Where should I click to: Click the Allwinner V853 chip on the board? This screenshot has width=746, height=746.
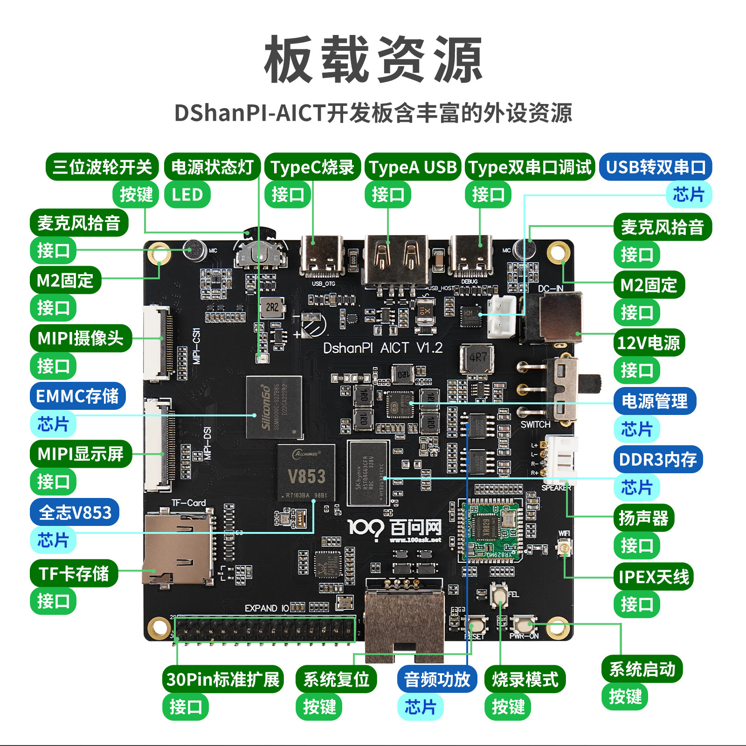[306, 473]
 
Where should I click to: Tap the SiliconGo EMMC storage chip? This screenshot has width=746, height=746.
[274, 407]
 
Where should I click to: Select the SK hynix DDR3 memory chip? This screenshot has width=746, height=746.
[368, 473]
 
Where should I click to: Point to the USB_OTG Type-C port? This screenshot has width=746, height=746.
[322, 258]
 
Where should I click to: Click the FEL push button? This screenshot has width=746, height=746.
[499, 594]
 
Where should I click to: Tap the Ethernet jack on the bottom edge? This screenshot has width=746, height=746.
[404, 620]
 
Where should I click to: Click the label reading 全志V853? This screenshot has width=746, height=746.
[75, 512]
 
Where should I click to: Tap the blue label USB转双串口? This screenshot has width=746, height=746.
[656, 167]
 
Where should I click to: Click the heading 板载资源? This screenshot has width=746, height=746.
[373, 60]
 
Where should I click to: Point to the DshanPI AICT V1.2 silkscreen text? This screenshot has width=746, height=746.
[383, 348]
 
